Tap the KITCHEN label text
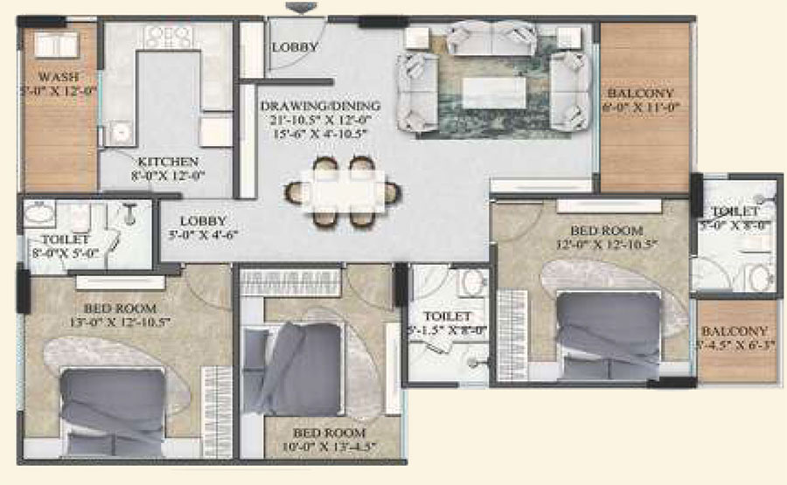click(x=167, y=162)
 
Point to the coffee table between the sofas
click(x=494, y=91)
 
